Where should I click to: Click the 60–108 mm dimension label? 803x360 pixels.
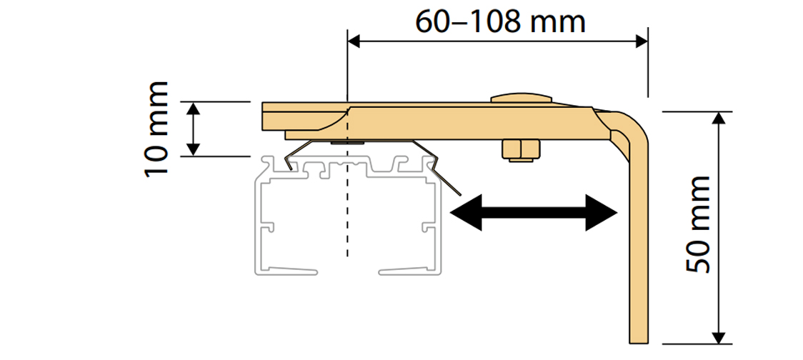[501, 22]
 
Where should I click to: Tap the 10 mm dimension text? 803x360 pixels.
[156, 129]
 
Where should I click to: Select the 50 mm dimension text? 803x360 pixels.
[697, 224]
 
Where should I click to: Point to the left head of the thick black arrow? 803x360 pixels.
[465, 212]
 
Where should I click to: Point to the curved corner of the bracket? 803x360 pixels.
[632, 125]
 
